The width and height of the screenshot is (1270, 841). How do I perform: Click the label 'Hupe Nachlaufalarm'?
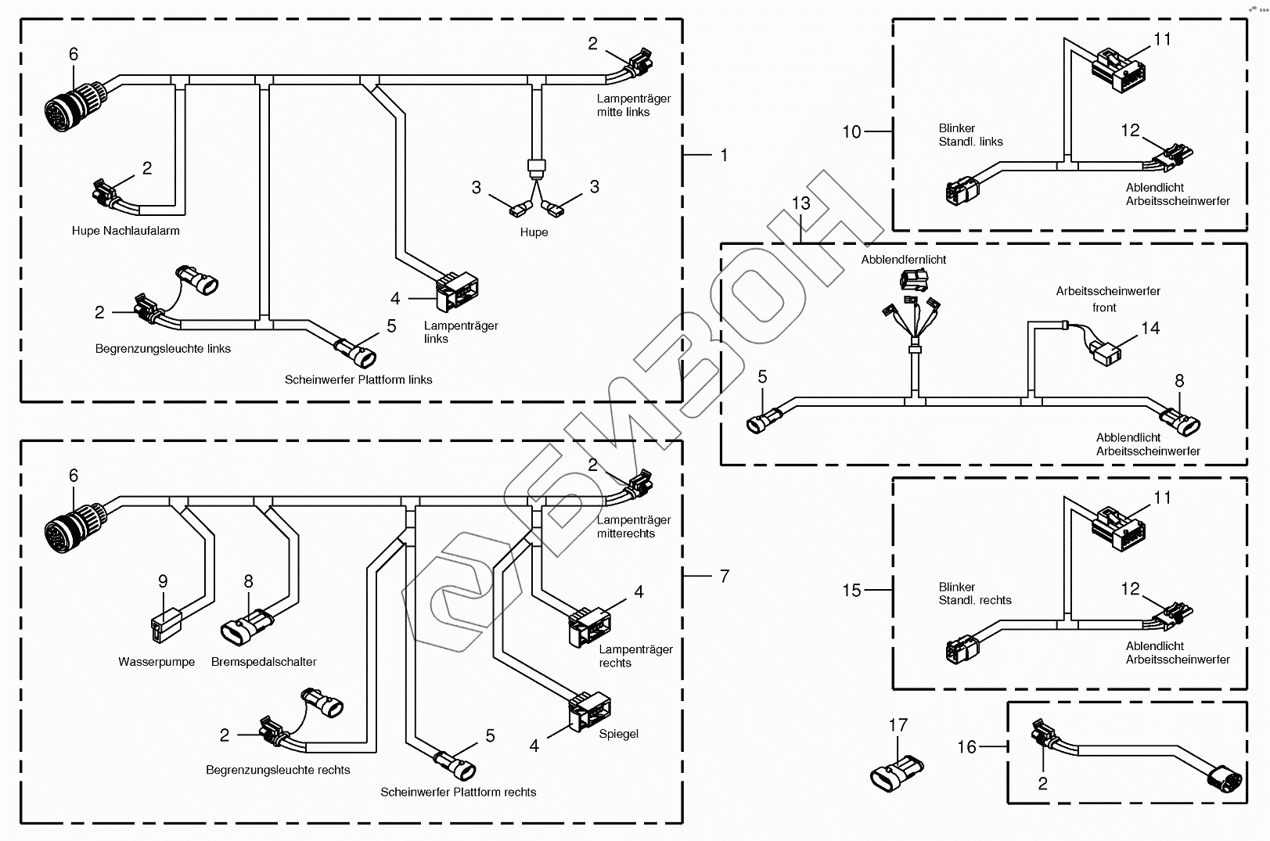pyautogui.click(x=125, y=231)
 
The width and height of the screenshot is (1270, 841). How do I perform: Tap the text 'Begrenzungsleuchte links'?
pyautogui.click(x=163, y=349)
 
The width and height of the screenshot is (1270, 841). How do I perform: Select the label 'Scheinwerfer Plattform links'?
pyautogui.click(x=358, y=380)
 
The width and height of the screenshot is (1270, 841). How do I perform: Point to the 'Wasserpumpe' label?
pyautogui.click(x=157, y=662)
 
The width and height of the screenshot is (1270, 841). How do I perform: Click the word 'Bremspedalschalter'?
pyautogui.click(x=264, y=662)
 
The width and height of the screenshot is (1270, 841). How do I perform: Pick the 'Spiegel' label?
pyautogui.click(x=618, y=735)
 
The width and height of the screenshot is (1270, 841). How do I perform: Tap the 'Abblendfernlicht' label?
pyautogui.click(x=904, y=260)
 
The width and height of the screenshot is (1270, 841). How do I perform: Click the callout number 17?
pyautogui.click(x=898, y=725)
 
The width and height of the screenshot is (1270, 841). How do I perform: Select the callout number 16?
pyautogui.click(x=967, y=747)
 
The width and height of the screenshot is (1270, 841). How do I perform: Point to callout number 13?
pyautogui.click(x=800, y=203)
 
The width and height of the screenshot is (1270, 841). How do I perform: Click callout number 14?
pyautogui.click(x=1149, y=329)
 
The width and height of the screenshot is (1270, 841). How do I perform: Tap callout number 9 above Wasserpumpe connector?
pyautogui.click(x=163, y=581)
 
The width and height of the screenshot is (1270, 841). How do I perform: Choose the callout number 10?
pyautogui.click(x=851, y=132)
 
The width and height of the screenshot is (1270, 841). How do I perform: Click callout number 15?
pyautogui.click(x=851, y=591)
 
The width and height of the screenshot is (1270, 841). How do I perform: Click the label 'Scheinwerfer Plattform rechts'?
pyautogui.click(x=459, y=792)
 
